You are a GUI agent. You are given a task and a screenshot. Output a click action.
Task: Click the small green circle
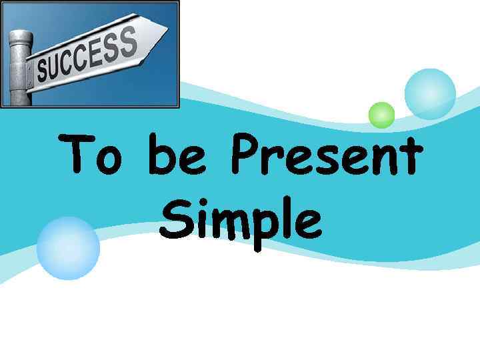(382, 115)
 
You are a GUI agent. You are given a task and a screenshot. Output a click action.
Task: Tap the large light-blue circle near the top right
(430, 94)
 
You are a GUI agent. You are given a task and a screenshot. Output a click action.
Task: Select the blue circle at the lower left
(68, 247)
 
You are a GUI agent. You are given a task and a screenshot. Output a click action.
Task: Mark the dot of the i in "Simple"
(199, 203)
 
